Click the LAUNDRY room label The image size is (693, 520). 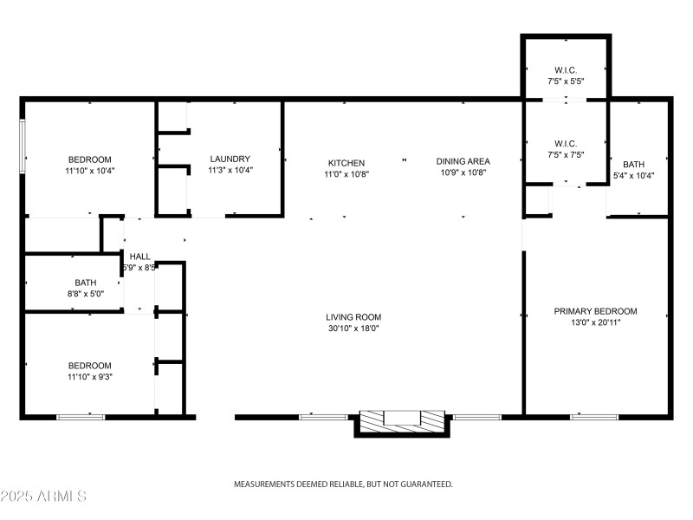(230, 159)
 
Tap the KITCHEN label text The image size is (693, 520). (346, 162)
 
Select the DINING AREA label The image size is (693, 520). (463, 161)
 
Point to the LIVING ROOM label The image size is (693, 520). (353, 317)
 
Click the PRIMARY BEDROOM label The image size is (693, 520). (595, 311)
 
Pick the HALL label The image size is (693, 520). (139, 257)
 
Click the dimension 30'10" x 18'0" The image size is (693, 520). (353, 328)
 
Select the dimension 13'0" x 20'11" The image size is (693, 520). (595, 322)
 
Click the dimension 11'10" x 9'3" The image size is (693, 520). (90, 377)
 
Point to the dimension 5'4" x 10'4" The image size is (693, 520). (633, 176)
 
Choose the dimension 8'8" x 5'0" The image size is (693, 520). (85, 294)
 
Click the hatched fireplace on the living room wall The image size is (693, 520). (401, 419)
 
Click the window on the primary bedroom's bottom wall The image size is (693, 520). (594, 417)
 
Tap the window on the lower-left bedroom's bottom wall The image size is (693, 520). (81, 417)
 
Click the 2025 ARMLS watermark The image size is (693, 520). (43, 497)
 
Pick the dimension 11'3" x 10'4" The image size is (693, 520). (230, 170)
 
